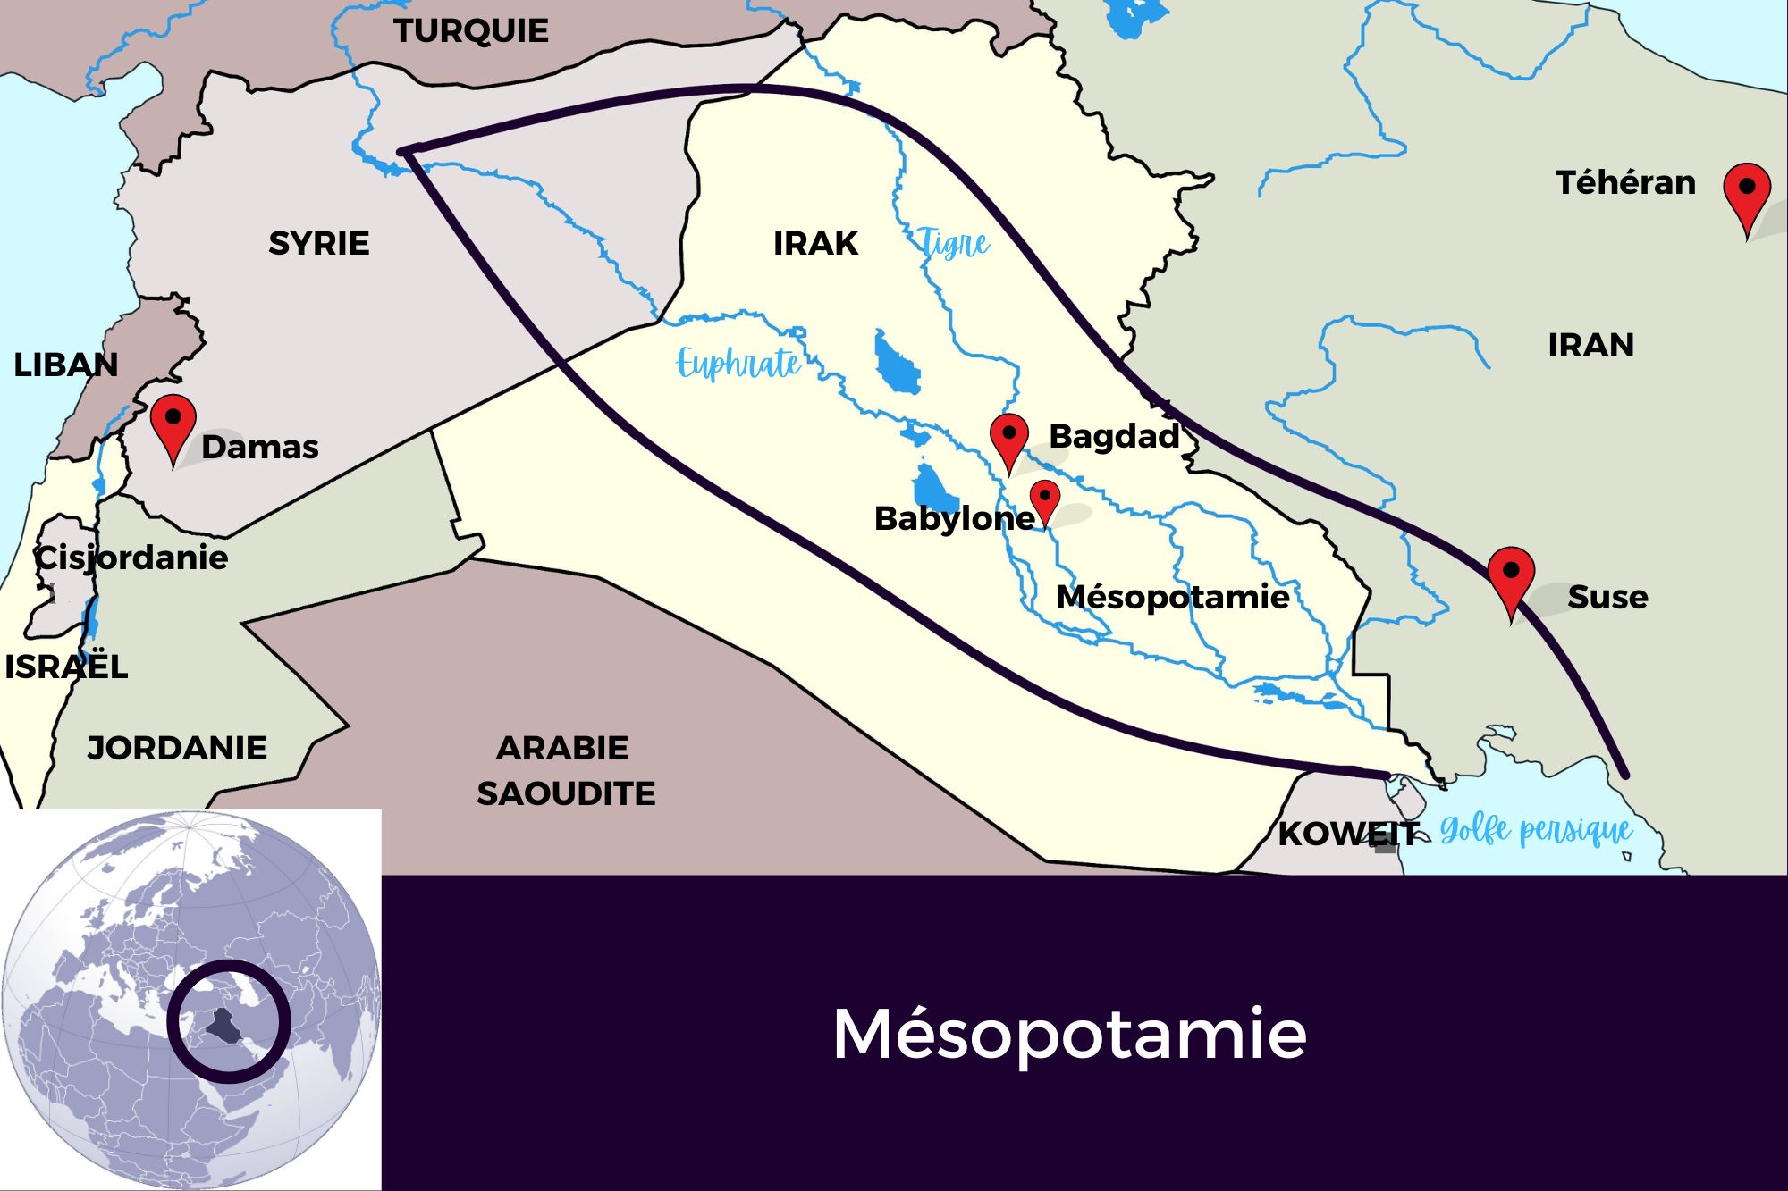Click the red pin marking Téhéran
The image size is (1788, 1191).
tap(1746, 190)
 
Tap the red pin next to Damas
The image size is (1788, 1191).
tap(173, 420)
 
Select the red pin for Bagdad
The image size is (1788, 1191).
tap(1009, 436)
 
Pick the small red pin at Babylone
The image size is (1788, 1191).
tap(1044, 497)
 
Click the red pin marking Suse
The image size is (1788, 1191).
tap(1511, 573)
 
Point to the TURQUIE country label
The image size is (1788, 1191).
tap(471, 31)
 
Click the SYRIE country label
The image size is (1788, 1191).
tap(319, 243)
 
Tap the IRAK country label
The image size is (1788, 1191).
tap(815, 243)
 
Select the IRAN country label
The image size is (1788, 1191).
tap(1590, 345)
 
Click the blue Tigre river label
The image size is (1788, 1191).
tap(955, 243)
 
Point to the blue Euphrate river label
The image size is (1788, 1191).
tap(738, 364)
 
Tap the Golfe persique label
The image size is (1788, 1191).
tap(1536, 831)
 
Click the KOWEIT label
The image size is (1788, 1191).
tap(1347, 835)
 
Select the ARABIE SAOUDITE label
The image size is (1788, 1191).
tap(565, 770)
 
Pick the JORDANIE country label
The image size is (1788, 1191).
tap(177, 748)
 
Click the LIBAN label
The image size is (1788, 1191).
tap(65, 365)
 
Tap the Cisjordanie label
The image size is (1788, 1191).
tap(131, 558)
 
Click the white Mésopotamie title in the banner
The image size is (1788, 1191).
tap(1069, 1034)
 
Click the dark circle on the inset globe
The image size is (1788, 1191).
tap(229, 1022)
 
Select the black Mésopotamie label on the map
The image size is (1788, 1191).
tap(1172, 597)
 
